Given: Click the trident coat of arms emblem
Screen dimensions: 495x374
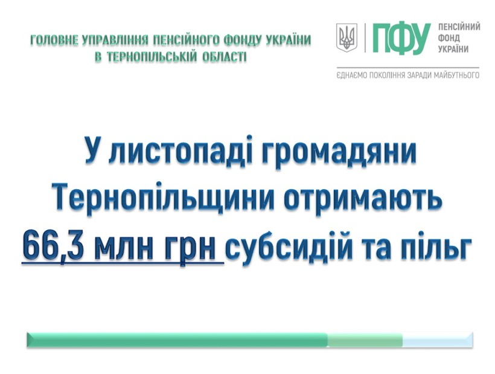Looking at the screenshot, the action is [x=346, y=37].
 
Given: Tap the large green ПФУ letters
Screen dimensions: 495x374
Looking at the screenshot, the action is [x=401, y=39].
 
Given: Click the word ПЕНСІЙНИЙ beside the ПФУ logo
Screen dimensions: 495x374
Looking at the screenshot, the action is [x=459, y=27].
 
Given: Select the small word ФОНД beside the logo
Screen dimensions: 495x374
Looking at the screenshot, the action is [x=449, y=38].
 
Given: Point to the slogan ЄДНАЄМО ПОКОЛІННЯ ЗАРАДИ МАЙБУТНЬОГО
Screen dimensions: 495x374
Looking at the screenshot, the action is [x=407, y=76].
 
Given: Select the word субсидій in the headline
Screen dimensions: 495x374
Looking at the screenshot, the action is [x=289, y=247].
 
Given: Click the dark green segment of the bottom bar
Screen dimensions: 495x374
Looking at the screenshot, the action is [x=177, y=340].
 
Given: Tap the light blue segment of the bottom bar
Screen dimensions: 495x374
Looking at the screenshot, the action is [x=438, y=340].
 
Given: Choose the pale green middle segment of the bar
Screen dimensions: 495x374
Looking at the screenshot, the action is [x=365, y=340].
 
